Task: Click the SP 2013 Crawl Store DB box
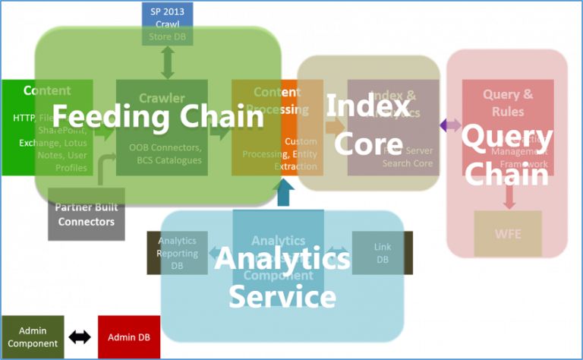(168, 22)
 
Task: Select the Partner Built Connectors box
(87, 214)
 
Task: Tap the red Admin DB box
(129, 336)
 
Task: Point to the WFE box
(508, 234)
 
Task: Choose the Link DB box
(383, 253)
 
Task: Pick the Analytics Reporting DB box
(176, 253)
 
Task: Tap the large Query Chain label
(506, 156)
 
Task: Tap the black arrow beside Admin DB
(78, 336)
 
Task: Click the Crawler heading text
(162, 98)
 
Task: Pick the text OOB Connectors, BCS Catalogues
(165, 153)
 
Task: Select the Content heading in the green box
(47, 90)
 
